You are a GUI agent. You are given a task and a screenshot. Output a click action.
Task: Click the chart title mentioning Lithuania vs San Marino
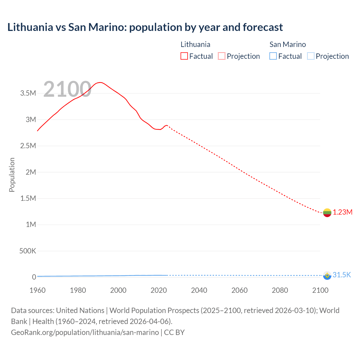coord(145,27)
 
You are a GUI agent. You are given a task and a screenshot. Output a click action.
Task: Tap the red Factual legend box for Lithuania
coord(184,56)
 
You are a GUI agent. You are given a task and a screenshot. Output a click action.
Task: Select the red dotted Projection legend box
coord(221,56)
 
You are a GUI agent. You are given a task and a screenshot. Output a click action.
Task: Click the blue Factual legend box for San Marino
coord(273,56)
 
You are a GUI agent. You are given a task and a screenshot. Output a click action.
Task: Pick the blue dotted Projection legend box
coord(310,56)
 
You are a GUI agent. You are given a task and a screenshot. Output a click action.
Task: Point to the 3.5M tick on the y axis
coord(28,93)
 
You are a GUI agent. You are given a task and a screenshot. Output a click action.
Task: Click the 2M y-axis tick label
coord(31,172)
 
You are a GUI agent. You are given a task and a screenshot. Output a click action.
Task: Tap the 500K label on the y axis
coord(28,251)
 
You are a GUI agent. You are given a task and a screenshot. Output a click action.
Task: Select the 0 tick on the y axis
coord(34,277)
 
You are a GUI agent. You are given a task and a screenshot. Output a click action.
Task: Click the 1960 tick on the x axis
coord(37,290)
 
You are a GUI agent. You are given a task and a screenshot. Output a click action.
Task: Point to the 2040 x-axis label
coord(199,290)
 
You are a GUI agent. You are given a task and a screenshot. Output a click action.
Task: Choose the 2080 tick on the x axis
coord(280,290)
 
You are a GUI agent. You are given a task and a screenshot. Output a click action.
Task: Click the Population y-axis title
coord(12,175)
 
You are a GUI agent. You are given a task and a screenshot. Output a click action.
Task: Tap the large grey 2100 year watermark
coord(67,89)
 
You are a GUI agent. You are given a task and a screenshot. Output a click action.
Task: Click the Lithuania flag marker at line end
coord(327,213)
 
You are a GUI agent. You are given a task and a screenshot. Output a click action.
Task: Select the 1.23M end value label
coord(343,212)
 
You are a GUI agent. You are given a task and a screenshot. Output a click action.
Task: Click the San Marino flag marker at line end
coord(327,275)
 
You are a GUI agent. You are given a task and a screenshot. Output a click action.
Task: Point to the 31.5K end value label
coord(342,275)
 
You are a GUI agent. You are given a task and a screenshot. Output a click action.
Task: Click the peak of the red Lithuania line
coord(100,82)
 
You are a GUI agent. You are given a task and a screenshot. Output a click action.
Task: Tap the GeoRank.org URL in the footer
coord(85,332)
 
